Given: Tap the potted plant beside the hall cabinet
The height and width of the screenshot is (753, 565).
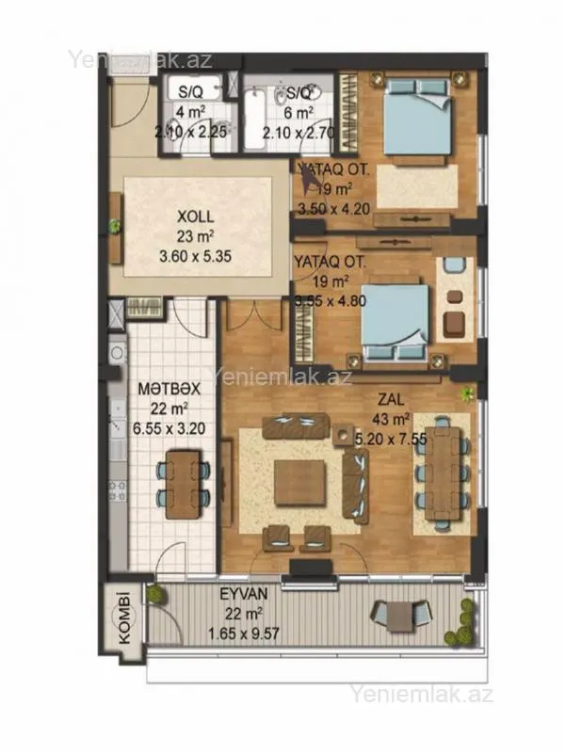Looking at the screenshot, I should click(x=115, y=226).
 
